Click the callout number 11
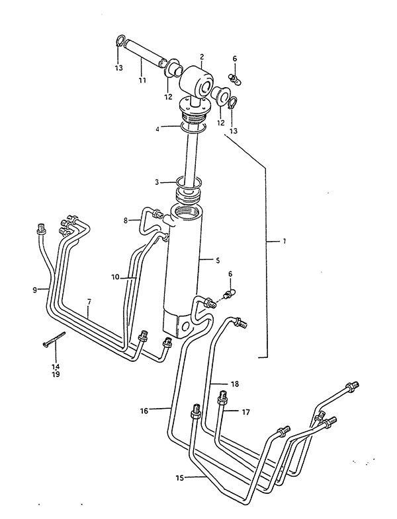[x=142, y=81]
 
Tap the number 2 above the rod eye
[x=202, y=57]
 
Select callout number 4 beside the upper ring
[x=157, y=129]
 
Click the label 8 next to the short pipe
[x=126, y=220]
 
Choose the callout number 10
[x=115, y=277]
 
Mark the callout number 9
[x=35, y=291]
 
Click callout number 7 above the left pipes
[x=89, y=302]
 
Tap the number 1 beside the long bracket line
[x=284, y=241]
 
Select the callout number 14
[x=56, y=366]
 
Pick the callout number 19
[x=56, y=374]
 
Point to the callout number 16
[x=144, y=411]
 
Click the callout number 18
[x=235, y=384]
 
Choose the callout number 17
[x=245, y=412]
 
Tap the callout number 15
[x=180, y=477]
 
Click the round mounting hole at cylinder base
[x=185, y=328]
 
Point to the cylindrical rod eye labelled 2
[x=196, y=81]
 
